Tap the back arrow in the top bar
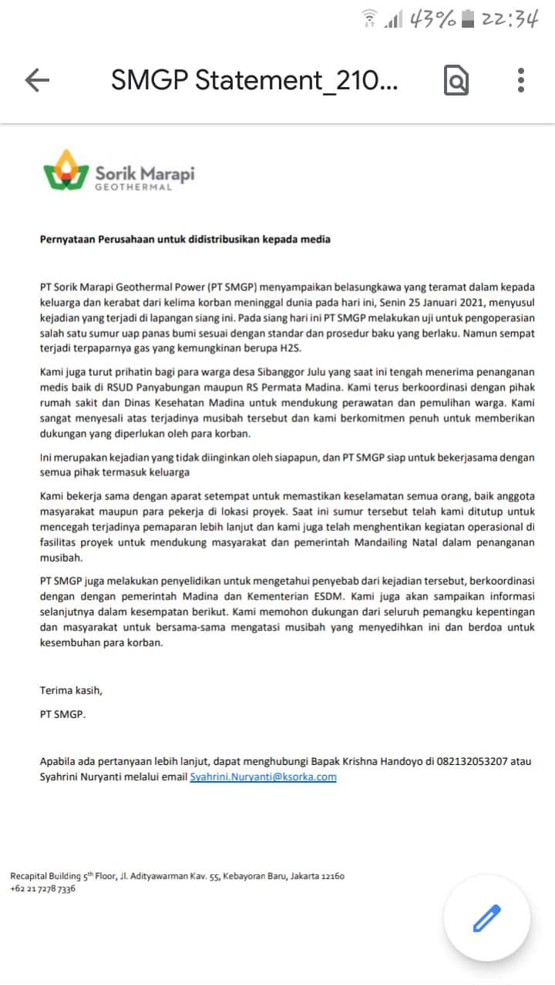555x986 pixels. click(x=37, y=80)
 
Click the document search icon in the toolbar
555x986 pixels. click(x=456, y=80)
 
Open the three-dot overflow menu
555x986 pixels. click(x=521, y=80)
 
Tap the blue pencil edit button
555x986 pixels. click(x=486, y=918)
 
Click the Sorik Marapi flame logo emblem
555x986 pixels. click(x=66, y=171)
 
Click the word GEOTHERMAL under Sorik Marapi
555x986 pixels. click(x=133, y=187)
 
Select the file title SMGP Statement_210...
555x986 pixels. click(x=254, y=80)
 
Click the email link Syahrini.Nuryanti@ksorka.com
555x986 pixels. click(x=263, y=777)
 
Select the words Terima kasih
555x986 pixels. click(x=71, y=689)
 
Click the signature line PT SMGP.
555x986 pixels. click(x=63, y=714)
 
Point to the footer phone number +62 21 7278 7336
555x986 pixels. click(x=43, y=889)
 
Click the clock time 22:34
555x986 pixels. click(x=509, y=19)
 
